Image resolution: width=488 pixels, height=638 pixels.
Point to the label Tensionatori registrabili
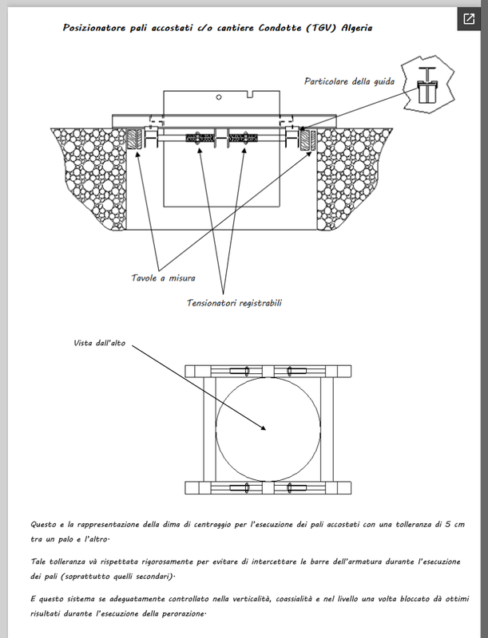click(235, 303)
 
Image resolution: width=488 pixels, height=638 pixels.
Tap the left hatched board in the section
click(133, 140)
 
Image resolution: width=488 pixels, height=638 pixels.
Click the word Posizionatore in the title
click(95, 27)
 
